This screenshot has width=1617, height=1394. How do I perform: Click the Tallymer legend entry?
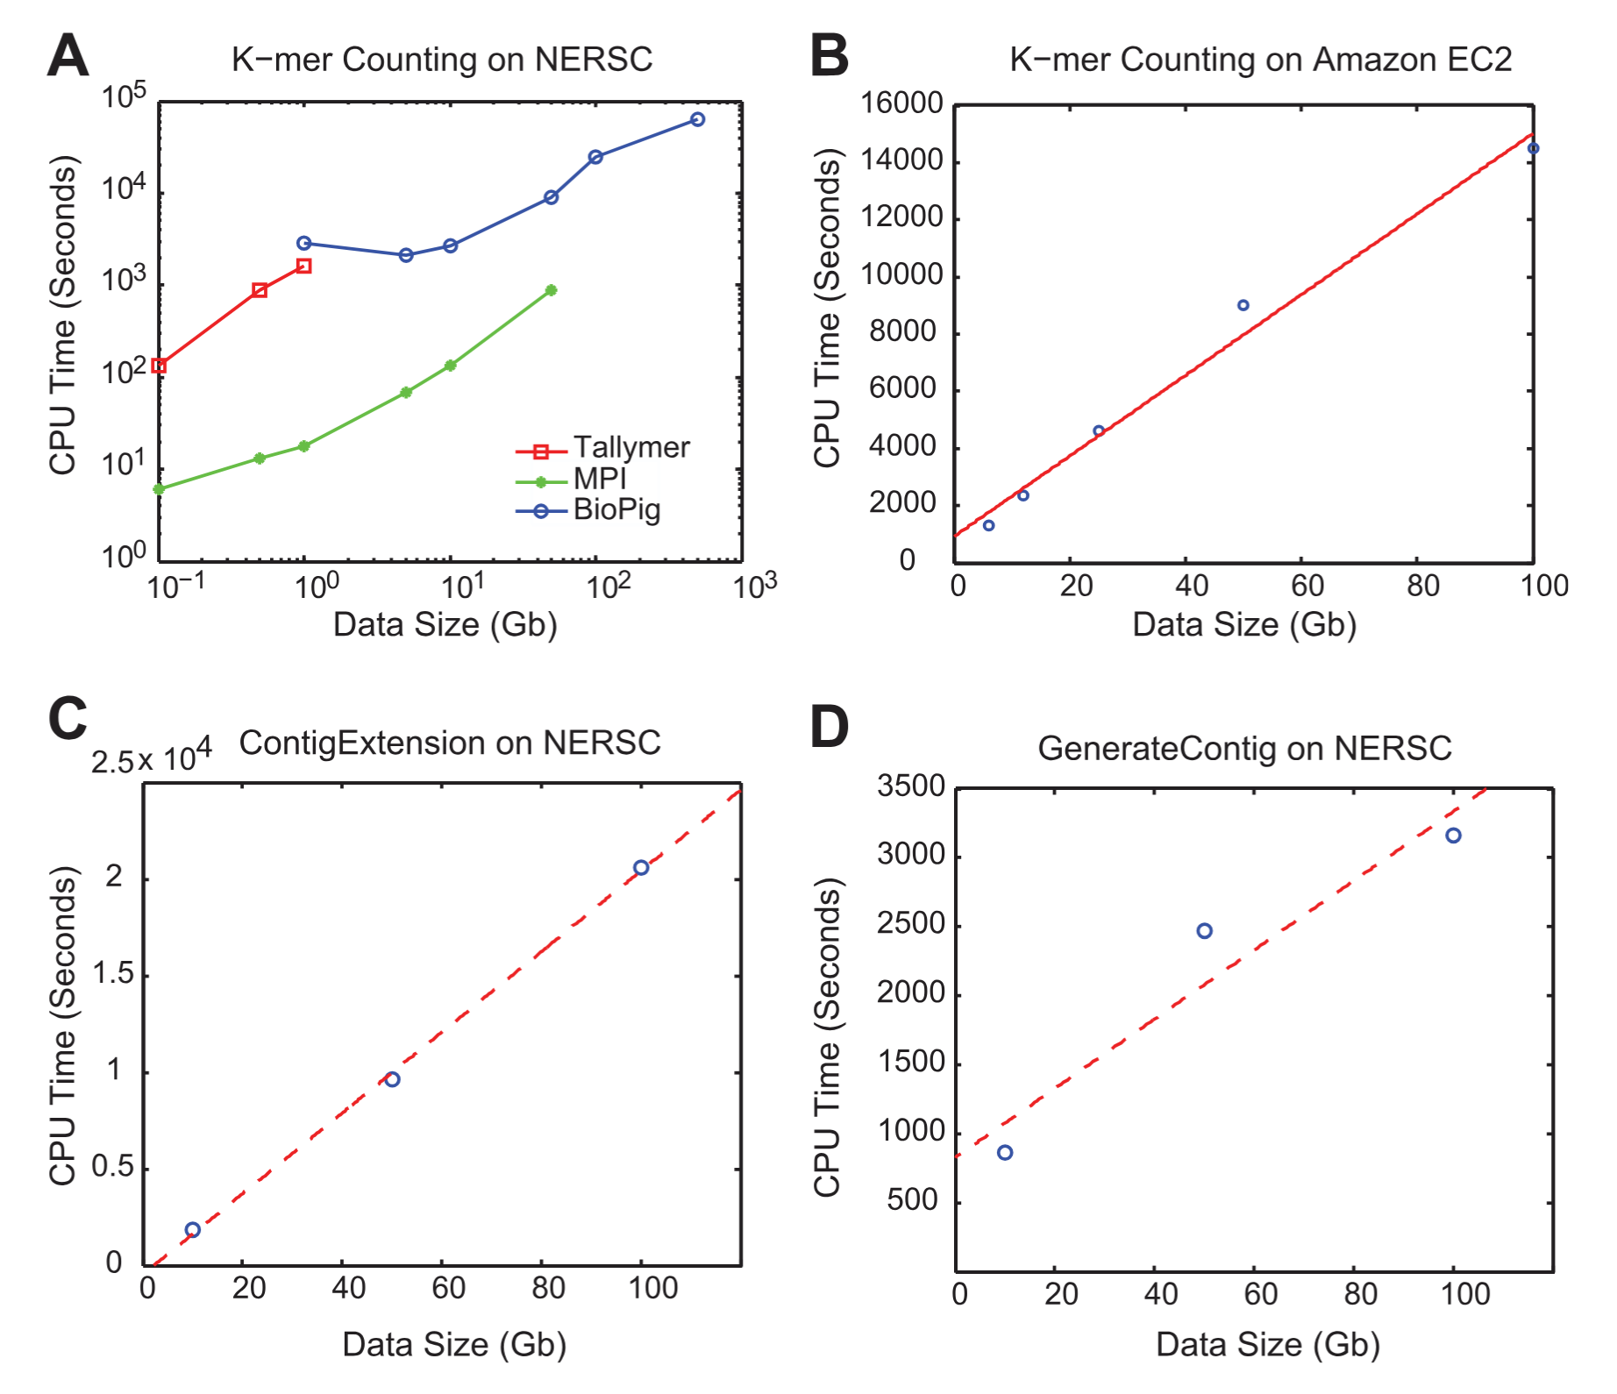(x=630, y=448)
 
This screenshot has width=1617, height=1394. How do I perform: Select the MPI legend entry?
(x=600, y=479)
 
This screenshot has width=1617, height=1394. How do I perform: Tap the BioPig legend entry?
(x=616, y=509)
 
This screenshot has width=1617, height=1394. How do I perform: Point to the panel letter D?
(x=829, y=728)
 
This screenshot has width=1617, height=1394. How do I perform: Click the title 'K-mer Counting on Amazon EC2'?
(x=1260, y=60)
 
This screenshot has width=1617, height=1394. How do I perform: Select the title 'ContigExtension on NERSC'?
(x=449, y=743)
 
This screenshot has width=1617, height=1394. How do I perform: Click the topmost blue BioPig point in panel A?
(x=697, y=119)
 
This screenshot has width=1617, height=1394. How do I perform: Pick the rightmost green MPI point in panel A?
(x=551, y=290)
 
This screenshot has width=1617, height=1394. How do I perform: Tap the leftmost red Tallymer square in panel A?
(x=159, y=366)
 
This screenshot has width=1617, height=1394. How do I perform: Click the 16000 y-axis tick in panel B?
(x=901, y=103)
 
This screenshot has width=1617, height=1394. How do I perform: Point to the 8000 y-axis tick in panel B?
(x=902, y=332)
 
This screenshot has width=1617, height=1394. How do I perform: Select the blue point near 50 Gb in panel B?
(x=1243, y=305)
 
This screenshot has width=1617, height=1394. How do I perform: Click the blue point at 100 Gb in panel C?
(x=641, y=867)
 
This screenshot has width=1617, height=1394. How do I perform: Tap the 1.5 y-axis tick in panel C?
(x=114, y=973)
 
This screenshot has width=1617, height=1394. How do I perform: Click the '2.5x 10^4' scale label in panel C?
(x=151, y=757)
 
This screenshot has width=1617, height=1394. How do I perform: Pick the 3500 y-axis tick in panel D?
(x=911, y=786)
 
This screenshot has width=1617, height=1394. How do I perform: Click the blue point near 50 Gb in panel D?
(x=1204, y=931)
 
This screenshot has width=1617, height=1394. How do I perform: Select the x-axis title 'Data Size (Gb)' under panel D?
(x=1267, y=1344)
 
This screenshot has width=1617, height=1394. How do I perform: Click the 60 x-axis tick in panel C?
(x=448, y=1289)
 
